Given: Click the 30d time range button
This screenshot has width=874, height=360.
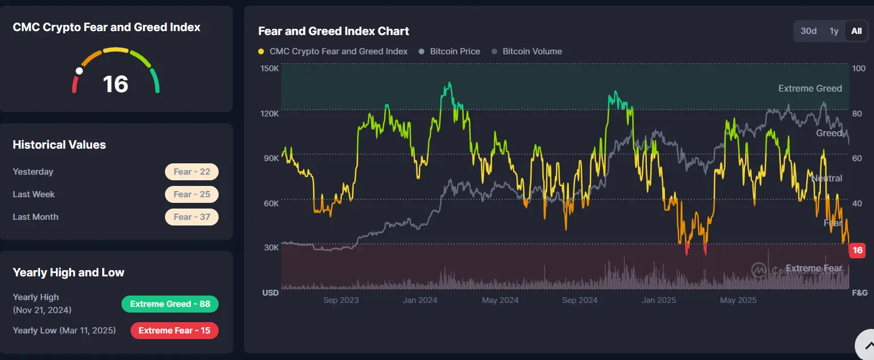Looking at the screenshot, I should coord(808,31).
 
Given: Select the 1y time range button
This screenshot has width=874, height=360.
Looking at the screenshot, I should coord(834,31).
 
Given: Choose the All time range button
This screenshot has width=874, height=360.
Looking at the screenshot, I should coord(856,31).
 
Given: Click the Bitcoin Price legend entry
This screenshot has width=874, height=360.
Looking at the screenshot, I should coord(450,51).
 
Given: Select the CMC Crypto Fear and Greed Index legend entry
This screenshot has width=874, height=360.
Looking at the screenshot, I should coord(333,51).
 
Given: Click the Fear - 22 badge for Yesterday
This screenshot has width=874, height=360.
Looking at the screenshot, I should coord(192,172).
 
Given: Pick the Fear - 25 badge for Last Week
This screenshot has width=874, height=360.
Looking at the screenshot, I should coord(192,194).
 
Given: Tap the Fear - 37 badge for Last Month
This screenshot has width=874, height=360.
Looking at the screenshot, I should coord(192,217).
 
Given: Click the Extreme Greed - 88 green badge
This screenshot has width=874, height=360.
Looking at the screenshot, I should coord(169,304).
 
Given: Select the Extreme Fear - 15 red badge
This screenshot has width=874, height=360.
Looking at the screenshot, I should coord(174,331).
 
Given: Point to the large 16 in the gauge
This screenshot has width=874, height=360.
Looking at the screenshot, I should coord(115,84).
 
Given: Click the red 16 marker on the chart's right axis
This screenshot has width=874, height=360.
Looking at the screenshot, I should coord(857,250).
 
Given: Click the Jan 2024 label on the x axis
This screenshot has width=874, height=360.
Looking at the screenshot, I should coord(420,300).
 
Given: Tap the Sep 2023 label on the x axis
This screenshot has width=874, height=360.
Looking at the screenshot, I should coord(341,300).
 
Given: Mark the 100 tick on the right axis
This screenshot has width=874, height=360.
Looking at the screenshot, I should coord(858,68).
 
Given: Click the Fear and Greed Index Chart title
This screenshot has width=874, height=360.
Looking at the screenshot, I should coord(333,31).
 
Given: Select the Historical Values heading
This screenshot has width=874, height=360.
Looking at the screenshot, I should coord(59,145).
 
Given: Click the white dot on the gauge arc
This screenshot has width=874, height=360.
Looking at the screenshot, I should coord(80,71).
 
